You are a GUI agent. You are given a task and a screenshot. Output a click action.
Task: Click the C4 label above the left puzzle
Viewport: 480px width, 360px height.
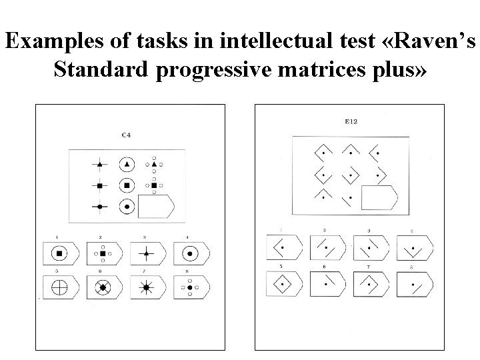pos(125,136)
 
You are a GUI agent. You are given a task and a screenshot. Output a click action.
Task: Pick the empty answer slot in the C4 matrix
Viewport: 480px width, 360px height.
pos(155,207)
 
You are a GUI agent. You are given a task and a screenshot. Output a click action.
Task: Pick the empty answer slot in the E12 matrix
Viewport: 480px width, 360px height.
pos(379,198)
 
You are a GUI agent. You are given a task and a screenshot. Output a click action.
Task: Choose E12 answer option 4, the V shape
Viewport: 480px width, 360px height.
pos(413,249)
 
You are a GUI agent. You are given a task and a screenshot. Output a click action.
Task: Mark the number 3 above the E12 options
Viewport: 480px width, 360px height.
pos(369,230)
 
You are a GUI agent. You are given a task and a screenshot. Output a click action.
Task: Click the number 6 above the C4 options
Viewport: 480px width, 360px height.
pos(101,273)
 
